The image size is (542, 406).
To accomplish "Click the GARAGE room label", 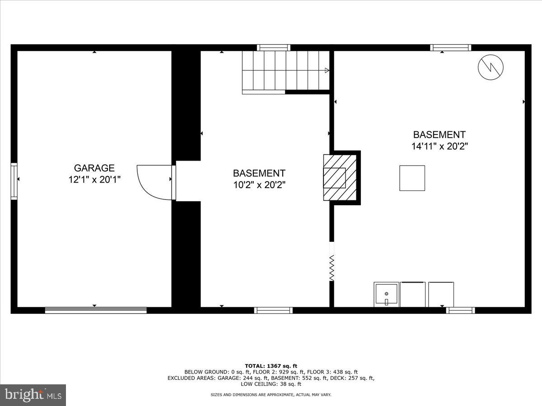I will [94, 168].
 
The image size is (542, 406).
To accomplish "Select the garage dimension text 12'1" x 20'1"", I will [94, 180].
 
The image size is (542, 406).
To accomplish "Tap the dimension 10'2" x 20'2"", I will [259, 185].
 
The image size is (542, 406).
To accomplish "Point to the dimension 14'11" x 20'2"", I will [439, 146].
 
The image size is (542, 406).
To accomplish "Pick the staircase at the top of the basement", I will [285, 71].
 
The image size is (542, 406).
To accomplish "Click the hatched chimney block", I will [340, 178].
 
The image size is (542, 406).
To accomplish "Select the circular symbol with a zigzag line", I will [491, 68].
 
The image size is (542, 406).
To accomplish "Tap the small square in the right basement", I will [412, 178].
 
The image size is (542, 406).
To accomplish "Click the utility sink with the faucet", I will [386, 295].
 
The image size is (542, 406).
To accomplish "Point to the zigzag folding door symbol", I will [332, 268].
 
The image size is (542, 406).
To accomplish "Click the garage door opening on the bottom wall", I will [96, 310].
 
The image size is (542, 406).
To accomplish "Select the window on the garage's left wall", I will [14, 181].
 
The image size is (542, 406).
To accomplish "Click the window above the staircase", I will [274, 47].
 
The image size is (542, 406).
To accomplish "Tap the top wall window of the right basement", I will [450, 47].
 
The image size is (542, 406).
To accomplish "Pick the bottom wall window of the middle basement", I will [273, 310].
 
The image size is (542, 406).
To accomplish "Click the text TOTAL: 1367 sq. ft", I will [271, 366].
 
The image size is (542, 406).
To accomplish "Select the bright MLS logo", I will [33, 395].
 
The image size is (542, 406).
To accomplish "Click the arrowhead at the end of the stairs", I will [327, 70].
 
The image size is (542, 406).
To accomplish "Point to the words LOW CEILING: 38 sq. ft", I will [271, 384].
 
